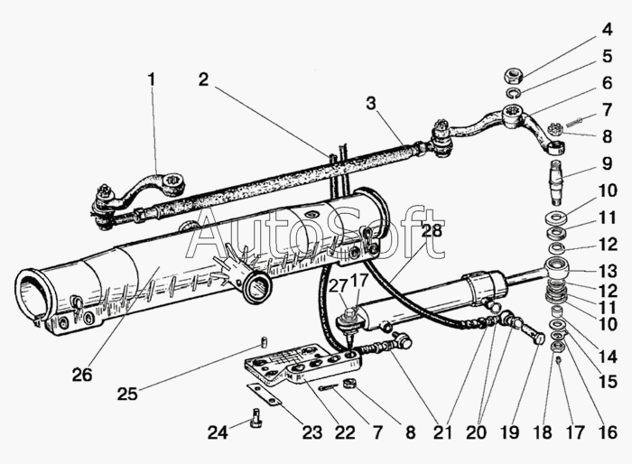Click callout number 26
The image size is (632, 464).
[x=82, y=375]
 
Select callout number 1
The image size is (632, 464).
[x=151, y=79]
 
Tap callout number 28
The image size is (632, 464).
[x=432, y=230]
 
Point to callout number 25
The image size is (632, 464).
[x=127, y=394]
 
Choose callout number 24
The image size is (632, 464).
[x=218, y=433]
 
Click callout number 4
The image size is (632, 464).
[x=608, y=30]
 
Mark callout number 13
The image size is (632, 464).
[x=608, y=271]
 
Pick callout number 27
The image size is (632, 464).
[x=338, y=286]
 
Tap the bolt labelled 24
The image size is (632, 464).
[x=256, y=418]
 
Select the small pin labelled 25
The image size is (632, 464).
[x=263, y=341]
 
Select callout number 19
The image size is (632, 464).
[x=509, y=433]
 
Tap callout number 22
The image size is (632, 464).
[x=345, y=433]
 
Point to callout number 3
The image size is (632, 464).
[x=371, y=104]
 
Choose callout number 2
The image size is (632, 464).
[x=204, y=79]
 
